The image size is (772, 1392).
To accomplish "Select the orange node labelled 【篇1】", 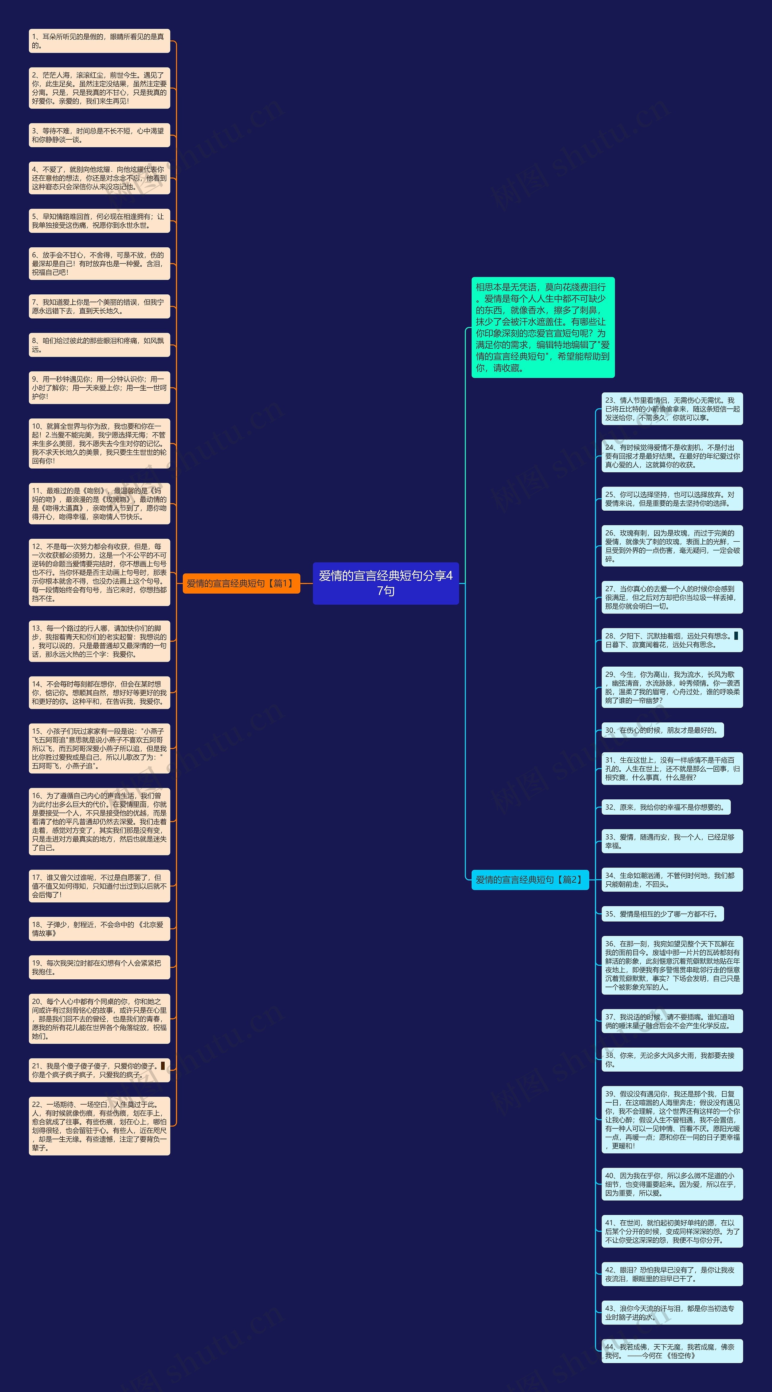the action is [241, 583].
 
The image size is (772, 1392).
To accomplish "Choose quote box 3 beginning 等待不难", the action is [99, 135].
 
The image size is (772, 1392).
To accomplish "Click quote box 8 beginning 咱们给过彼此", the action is [99, 345].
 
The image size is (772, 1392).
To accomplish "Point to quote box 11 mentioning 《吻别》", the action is [99, 504].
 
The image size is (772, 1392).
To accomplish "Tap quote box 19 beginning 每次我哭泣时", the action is [99, 967].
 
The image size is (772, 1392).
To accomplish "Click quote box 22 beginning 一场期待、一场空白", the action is [99, 1126].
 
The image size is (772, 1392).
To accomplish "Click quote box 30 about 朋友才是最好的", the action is [662, 730].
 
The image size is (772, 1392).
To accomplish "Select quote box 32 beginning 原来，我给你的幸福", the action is [666, 807].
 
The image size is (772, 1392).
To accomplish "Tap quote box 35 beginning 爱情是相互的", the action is [662, 914].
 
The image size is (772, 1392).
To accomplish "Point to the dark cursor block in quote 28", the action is [736, 636].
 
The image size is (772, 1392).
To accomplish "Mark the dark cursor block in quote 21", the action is [163, 1066].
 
